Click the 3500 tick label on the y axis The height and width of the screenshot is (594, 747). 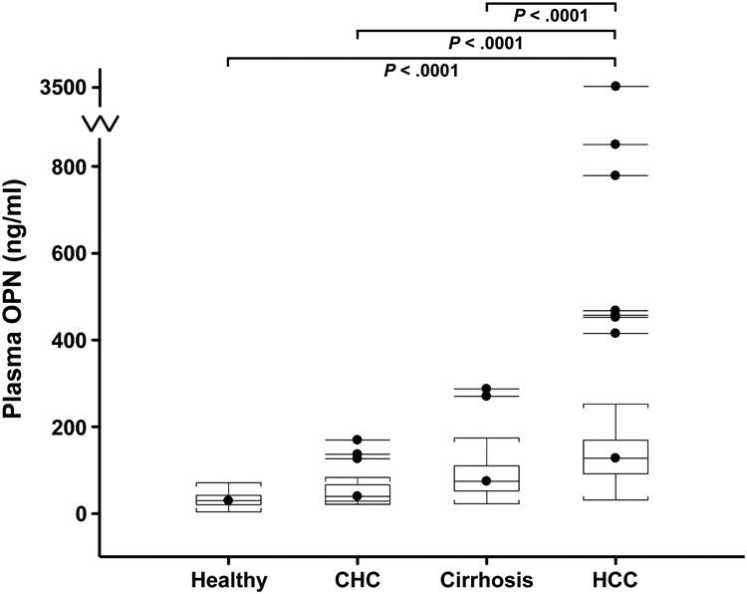55,88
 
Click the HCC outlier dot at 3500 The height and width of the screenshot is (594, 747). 616,87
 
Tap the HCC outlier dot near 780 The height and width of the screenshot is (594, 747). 616,175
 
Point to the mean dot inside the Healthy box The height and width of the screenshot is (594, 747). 228,500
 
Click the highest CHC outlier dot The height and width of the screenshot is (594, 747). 358,440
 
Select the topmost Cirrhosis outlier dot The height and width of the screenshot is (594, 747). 486,389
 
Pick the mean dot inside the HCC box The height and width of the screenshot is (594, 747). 616,457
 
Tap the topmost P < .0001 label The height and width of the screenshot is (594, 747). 551,15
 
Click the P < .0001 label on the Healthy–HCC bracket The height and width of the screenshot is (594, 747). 422,71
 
